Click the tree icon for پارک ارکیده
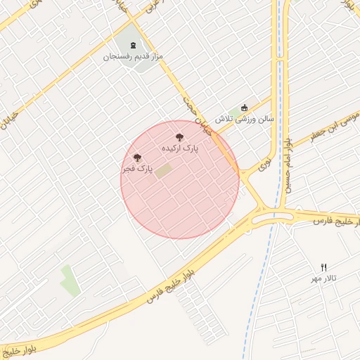point(180,138)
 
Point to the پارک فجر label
point(136,169)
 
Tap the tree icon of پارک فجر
point(136,158)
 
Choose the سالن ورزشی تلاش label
point(244,120)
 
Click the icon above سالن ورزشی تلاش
point(244,108)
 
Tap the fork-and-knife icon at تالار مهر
point(324,267)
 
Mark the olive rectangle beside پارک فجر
point(163,170)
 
